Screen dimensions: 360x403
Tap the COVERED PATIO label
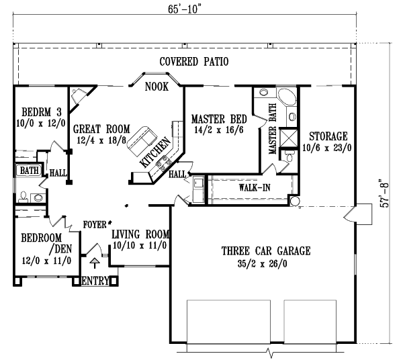pyautogui.click(x=195, y=62)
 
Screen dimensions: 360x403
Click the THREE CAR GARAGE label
pyautogui.click(x=266, y=251)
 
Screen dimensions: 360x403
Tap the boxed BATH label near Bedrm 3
pyautogui.click(x=26, y=171)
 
